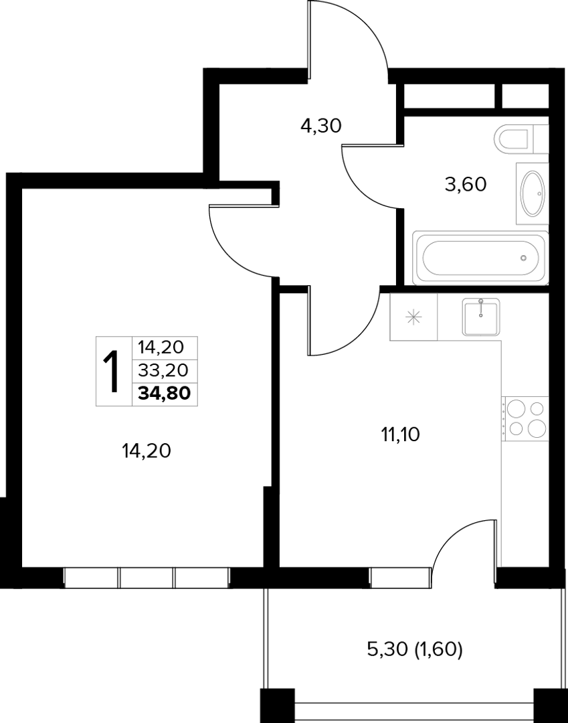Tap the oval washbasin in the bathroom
pyautogui.click(x=533, y=193)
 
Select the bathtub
pyautogui.click(x=480, y=258)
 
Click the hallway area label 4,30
pyautogui.click(x=320, y=125)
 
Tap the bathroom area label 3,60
pyautogui.click(x=466, y=185)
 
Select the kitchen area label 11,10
pyautogui.click(x=400, y=434)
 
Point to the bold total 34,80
pyautogui.click(x=165, y=394)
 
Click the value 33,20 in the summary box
pyautogui.click(x=163, y=370)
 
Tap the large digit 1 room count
pyautogui.click(x=111, y=371)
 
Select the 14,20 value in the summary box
pyautogui.click(x=163, y=347)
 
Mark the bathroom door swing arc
pyautogui.click(x=362, y=186)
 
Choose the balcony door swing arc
pyautogui.click(x=453, y=534)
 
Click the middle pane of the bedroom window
pyautogui.click(x=147, y=578)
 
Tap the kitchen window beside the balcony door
pyautogui.click(x=400, y=578)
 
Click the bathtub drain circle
pyautogui.click(x=523, y=258)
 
